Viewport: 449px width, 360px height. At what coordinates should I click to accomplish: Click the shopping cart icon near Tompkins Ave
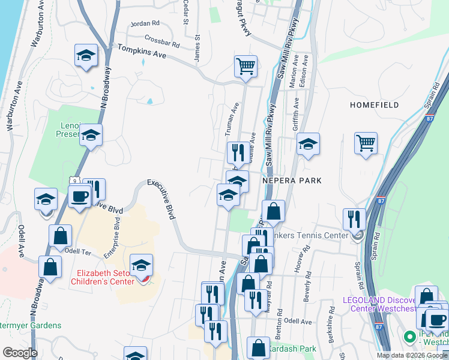(x=246, y=66)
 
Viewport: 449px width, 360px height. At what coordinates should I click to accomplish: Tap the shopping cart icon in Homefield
(x=366, y=143)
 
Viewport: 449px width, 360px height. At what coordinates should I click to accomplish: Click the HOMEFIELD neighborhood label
(x=375, y=105)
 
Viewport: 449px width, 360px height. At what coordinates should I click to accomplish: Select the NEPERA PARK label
(x=292, y=180)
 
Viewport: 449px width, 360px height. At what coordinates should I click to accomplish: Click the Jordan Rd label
(x=146, y=23)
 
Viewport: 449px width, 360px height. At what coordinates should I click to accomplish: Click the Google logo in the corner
(x=19, y=353)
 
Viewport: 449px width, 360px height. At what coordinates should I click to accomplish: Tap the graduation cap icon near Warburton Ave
(x=86, y=56)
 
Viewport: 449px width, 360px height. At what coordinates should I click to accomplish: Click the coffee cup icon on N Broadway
(x=80, y=196)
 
